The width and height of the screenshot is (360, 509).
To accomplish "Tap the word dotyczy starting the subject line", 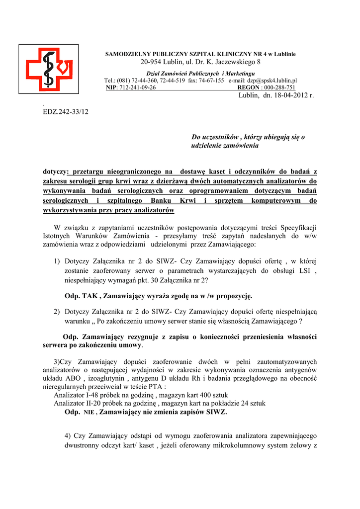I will [x=55, y=171].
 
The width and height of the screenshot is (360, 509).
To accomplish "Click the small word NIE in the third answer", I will [x=89, y=413].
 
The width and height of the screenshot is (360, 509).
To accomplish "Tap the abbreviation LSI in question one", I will [x=307, y=270].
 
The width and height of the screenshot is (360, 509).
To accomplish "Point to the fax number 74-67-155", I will [x=213, y=80].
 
